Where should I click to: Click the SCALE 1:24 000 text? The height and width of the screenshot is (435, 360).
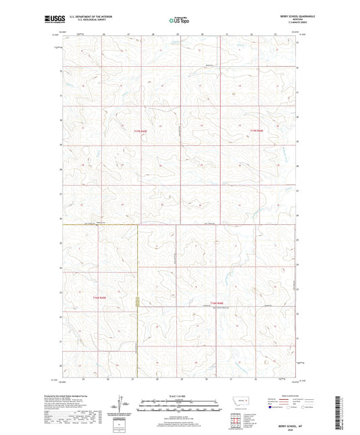coord(180,394)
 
